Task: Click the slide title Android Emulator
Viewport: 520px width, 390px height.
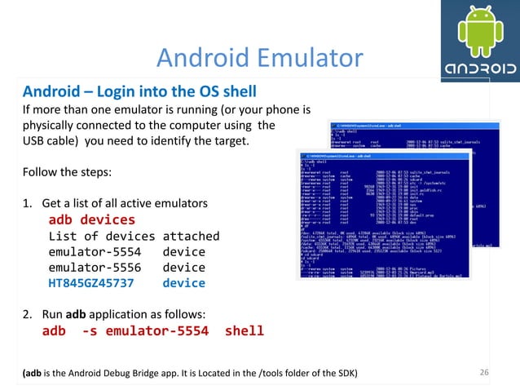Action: pos(259,57)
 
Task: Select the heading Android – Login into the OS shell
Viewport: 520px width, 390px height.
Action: pos(139,90)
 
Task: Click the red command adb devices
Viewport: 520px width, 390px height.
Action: pos(91,220)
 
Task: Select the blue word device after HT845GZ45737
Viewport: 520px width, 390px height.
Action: pos(183,283)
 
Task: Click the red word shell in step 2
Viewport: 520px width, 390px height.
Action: pos(245,330)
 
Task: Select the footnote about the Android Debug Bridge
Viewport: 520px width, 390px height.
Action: pos(188,374)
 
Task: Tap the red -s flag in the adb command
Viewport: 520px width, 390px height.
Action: pos(91,330)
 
